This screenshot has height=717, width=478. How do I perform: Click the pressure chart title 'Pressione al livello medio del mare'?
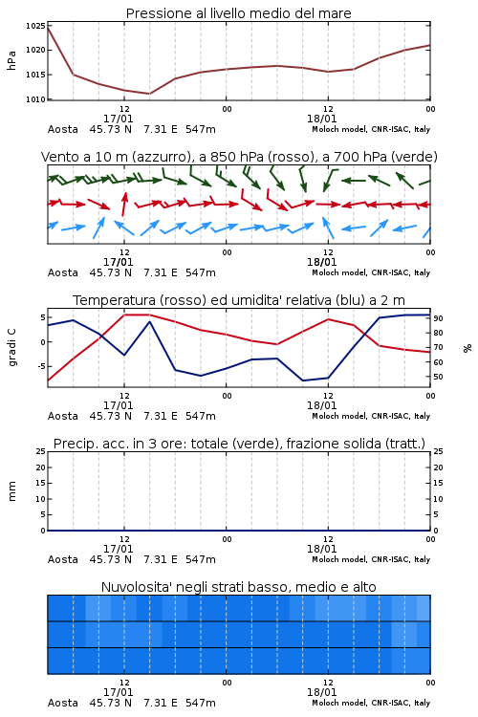coord(238,13)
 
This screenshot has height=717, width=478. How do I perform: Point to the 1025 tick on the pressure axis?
coord(35,26)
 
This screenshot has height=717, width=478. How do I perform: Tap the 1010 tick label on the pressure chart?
coord(35,99)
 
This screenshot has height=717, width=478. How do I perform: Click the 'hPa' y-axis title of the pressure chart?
coord(11,60)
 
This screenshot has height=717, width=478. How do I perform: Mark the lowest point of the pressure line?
coord(149,94)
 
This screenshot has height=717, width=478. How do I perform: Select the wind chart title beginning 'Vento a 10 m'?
coord(239,157)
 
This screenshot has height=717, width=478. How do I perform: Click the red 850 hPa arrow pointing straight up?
coord(124,204)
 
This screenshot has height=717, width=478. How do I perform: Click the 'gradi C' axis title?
coord(11,347)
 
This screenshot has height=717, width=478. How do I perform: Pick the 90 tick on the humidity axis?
coord(438,318)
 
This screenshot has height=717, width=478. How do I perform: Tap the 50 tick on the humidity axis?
coord(438,377)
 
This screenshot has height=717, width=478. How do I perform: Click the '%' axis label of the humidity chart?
coord(467,348)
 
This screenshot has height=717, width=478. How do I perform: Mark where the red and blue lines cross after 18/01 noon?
coord(365,336)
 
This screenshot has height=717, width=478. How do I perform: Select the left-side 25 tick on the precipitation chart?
coord(41,451)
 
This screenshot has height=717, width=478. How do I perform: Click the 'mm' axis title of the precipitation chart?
coord(11,490)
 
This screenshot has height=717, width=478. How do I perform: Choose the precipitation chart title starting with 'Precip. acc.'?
coord(239,444)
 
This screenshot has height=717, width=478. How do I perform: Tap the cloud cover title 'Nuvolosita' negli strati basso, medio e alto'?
coord(238,587)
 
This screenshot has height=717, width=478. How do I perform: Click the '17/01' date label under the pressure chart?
coord(118,119)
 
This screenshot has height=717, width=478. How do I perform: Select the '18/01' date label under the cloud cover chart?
coord(321,692)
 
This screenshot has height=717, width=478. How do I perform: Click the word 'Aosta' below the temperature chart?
coord(63,416)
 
